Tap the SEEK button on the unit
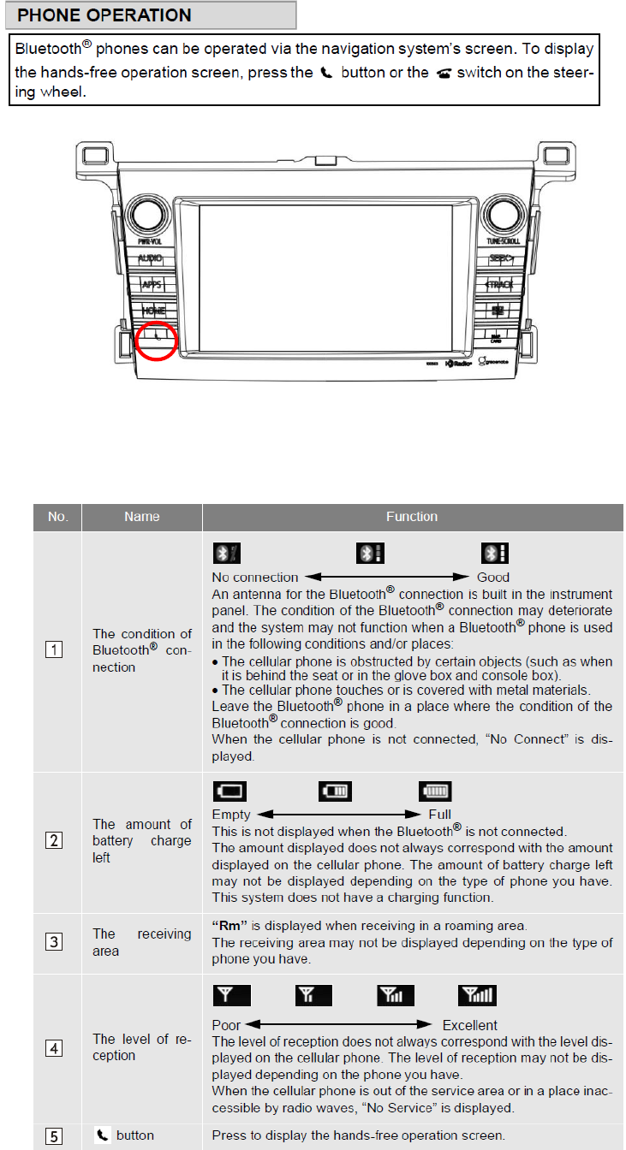[499, 258]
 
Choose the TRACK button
[499, 284]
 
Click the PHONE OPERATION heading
[105, 15]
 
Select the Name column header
[141, 517]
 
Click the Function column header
[412, 517]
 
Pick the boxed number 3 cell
[55, 943]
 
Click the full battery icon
[436, 791]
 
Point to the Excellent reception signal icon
[478, 995]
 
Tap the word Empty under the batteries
[231, 815]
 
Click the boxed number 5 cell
[55, 1136]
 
